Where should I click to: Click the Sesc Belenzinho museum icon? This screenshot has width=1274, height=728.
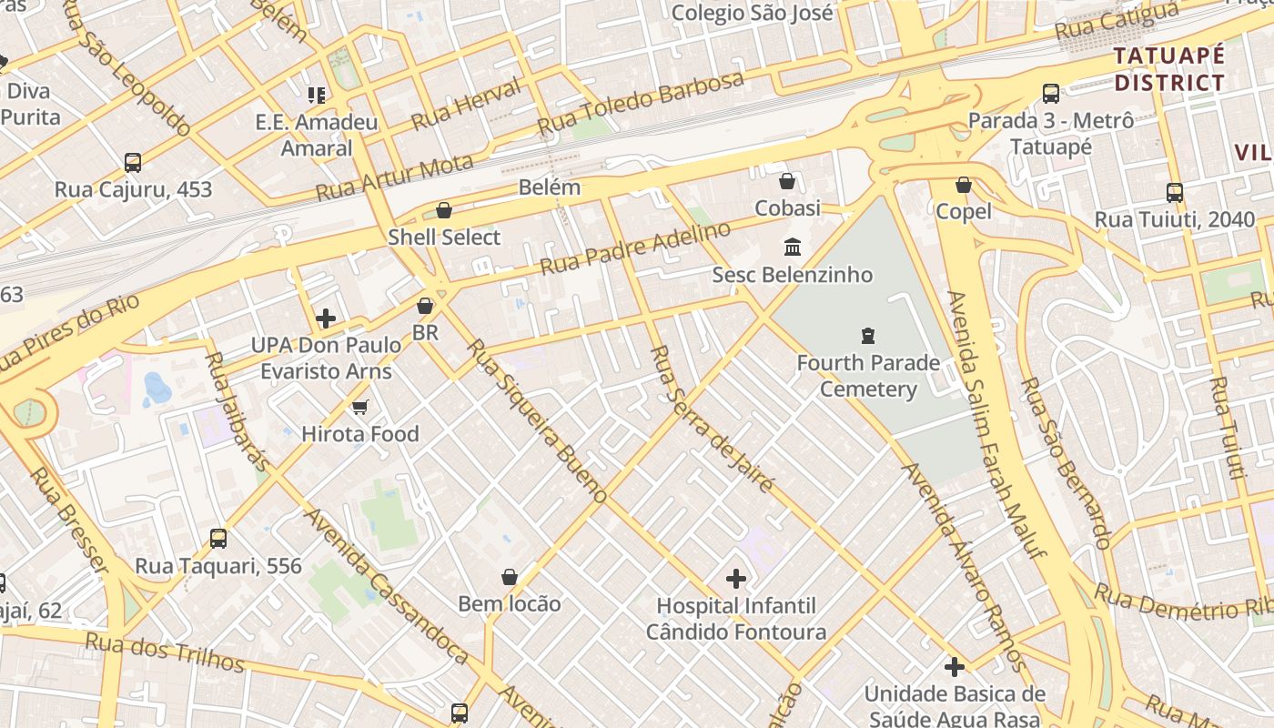pyautogui.click(x=792, y=247)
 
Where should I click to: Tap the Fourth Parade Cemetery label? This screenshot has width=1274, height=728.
pyautogui.click(x=868, y=376)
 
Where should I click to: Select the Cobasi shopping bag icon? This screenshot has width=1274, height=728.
pyautogui.click(x=787, y=181)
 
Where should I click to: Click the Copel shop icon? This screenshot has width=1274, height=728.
pyautogui.click(x=964, y=185)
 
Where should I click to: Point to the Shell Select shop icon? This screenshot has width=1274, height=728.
pyautogui.click(x=444, y=210)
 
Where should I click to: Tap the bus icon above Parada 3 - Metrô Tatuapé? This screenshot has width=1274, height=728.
pyautogui.click(x=1050, y=93)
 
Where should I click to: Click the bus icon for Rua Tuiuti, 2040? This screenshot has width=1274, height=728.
pyautogui.click(x=1174, y=192)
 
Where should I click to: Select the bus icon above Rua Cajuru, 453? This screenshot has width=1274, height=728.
pyautogui.click(x=133, y=163)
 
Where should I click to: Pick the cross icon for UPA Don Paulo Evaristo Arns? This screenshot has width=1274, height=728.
pyautogui.click(x=326, y=318)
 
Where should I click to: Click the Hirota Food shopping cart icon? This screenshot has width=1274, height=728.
pyautogui.click(x=360, y=407)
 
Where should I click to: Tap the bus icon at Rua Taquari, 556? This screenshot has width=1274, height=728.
pyautogui.click(x=218, y=538)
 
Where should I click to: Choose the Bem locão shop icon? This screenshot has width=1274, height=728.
pyautogui.click(x=510, y=577)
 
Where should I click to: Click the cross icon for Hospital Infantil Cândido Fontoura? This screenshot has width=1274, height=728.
pyautogui.click(x=736, y=578)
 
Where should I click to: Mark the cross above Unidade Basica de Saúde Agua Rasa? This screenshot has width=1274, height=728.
pyautogui.click(x=954, y=667)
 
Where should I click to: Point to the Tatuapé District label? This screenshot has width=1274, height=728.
pyautogui.click(x=1169, y=69)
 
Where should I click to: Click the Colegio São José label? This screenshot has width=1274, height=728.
pyautogui.click(x=752, y=13)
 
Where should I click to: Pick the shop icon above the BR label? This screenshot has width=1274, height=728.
pyautogui.click(x=425, y=306)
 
